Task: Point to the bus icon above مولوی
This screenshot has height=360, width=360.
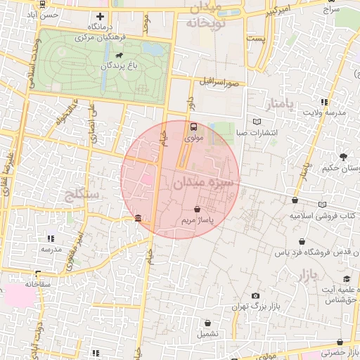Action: [x=193, y=127]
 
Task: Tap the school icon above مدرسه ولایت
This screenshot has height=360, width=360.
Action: [x=342, y=101]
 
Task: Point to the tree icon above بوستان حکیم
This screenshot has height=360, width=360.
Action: [x=343, y=157]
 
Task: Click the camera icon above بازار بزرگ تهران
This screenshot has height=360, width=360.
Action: [x=255, y=296]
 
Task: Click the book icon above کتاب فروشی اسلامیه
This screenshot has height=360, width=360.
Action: [x=322, y=205]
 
